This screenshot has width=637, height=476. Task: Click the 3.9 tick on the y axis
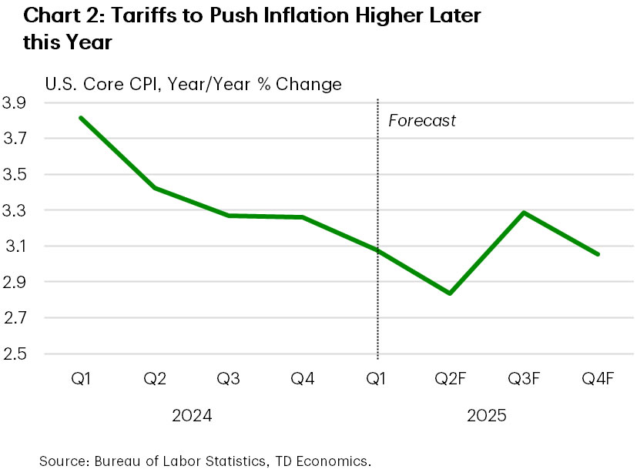tap(15, 103)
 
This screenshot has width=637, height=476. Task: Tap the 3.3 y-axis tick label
tap(15, 211)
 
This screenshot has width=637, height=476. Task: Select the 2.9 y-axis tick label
tap(15, 283)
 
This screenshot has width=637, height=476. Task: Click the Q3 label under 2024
tap(227, 379)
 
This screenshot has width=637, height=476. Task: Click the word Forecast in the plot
tap(421, 121)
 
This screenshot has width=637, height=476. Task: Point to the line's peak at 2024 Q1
tap(79, 118)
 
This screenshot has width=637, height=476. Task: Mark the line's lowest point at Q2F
tap(449, 293)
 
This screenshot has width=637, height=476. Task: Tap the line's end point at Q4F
tap(598, 254)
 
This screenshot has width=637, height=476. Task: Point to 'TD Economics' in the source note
tap(324, 461)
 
